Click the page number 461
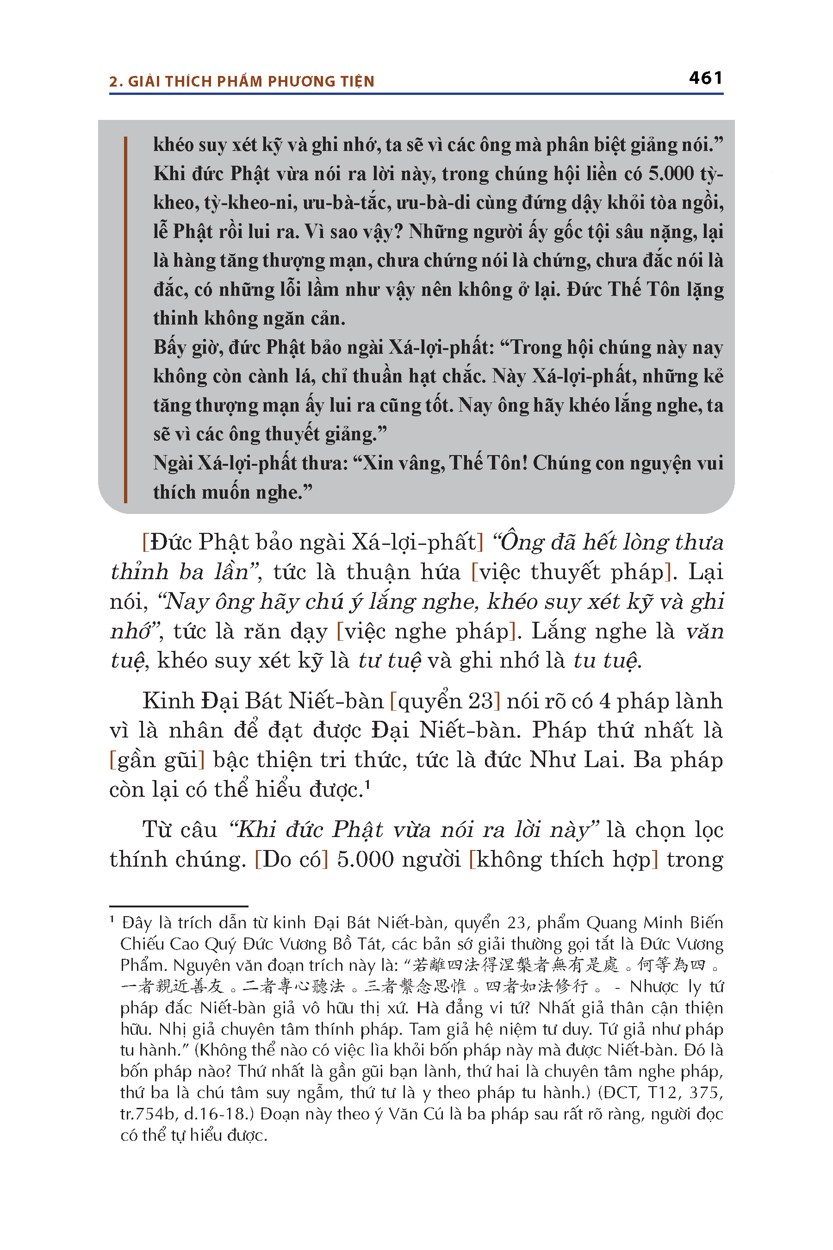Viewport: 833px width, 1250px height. point(705,78)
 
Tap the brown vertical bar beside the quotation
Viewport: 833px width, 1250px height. point(126,319)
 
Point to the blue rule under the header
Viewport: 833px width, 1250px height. point(416,94)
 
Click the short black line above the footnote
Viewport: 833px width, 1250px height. point(179,906)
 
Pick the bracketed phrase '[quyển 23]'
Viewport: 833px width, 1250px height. point(445,701)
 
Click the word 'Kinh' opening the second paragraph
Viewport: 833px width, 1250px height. point(168,701)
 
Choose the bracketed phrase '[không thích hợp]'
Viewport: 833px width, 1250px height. point(563,859)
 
